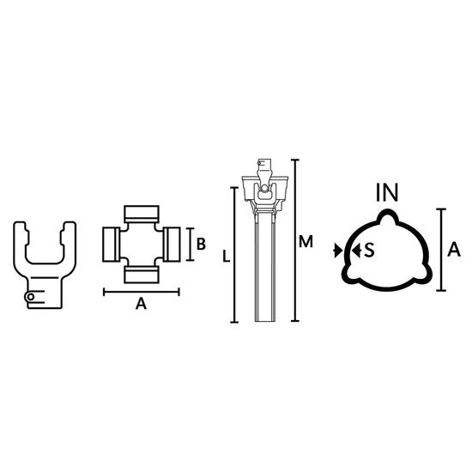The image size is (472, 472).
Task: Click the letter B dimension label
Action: pyautogui.click(x=201, y=244)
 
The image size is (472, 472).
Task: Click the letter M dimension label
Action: pyautogui.click(x=306, y=242)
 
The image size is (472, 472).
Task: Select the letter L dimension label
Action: pyautogui.click(x=226, y=257)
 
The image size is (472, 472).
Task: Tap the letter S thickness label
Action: pyautogui.click(x=369, y=250)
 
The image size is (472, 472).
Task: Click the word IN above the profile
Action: pyautogui.click(x=387, y=192)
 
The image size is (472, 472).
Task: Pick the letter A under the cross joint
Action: pyautogui.click(x=141, y=304)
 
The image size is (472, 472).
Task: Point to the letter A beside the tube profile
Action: pyautogui.click(x=454, y=250)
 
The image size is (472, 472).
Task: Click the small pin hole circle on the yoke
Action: pyautogui.click(x=30, y=297)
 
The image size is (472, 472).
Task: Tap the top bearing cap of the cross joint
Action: pyautogui.click(x=142, y=214)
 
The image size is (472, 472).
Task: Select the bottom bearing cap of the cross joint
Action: pyautogui.click(x=142, y=275)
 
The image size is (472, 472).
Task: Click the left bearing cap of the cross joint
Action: pyautogui.click(x=111, y=245)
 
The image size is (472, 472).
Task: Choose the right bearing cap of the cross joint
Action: pyautogui.click(x=172, y=245)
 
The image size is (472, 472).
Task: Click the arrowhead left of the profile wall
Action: pyautogui.click(x=337, y=251)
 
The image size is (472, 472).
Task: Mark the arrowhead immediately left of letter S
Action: pyautogui.click(x=356, y=251)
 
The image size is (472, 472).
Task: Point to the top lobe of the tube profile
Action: pyautogui.click(x=388, y=215)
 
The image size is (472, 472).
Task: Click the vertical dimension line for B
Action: pyautogui.click(x=190, y=245)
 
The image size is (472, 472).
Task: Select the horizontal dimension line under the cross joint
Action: pyautogui.click(x=142, y=292)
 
